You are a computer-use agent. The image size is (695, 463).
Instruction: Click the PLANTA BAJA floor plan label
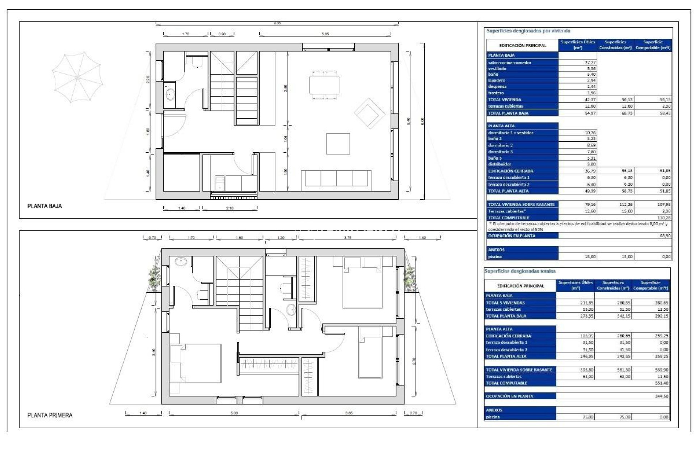coord(45,206)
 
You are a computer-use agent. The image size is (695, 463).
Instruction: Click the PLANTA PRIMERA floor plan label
coord(50,415)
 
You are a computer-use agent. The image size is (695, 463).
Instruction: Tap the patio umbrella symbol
coord(77,77)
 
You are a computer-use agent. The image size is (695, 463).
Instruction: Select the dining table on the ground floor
coord(324,85)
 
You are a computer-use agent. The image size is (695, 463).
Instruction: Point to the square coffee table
coord(338,144)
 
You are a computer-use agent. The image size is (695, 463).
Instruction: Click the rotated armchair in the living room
coord(369,113)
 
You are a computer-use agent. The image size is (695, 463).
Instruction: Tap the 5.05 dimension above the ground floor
coord(325,34)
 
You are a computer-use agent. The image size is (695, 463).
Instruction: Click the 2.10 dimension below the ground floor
coord(229,208)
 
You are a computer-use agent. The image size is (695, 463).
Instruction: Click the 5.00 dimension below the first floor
coord(234,413)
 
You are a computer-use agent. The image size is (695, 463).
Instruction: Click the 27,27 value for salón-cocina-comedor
coord(590,63)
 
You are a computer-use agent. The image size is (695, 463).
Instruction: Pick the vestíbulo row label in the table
coord(497,69)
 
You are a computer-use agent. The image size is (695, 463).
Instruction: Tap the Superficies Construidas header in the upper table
coord(615,45)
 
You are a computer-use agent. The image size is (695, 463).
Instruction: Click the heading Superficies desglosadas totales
coord(520,271)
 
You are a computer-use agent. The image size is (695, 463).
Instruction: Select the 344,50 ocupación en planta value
coord(661,396)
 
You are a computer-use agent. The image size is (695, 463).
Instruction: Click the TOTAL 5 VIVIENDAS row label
coord(505,303)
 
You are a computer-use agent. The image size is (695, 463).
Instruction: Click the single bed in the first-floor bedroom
coord(370,353)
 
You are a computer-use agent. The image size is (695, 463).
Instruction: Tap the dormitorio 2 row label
coord(500,145)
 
